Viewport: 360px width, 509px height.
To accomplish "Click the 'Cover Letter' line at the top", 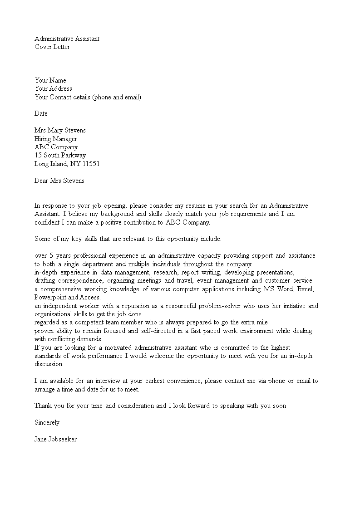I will click(52, 47).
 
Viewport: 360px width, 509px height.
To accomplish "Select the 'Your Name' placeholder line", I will click(50, 80).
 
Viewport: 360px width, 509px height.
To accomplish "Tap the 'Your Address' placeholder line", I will click(53, 88).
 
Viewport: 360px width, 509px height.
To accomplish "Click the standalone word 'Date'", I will click(41, 113).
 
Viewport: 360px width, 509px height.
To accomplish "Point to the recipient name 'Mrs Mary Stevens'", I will click(60, 130).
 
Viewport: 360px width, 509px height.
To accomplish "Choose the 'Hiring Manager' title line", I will click(56, 139).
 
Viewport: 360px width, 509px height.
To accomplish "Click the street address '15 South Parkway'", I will click(60, 155).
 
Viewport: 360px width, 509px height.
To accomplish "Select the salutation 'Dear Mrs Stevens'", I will click(59, 181).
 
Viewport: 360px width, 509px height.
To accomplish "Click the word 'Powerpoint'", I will click(50, 298).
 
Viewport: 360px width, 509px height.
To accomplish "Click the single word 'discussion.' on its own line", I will click(49, 364).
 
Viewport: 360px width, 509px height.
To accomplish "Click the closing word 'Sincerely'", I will click(47, 422).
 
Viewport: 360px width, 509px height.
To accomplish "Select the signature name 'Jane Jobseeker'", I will click(56, 439).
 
